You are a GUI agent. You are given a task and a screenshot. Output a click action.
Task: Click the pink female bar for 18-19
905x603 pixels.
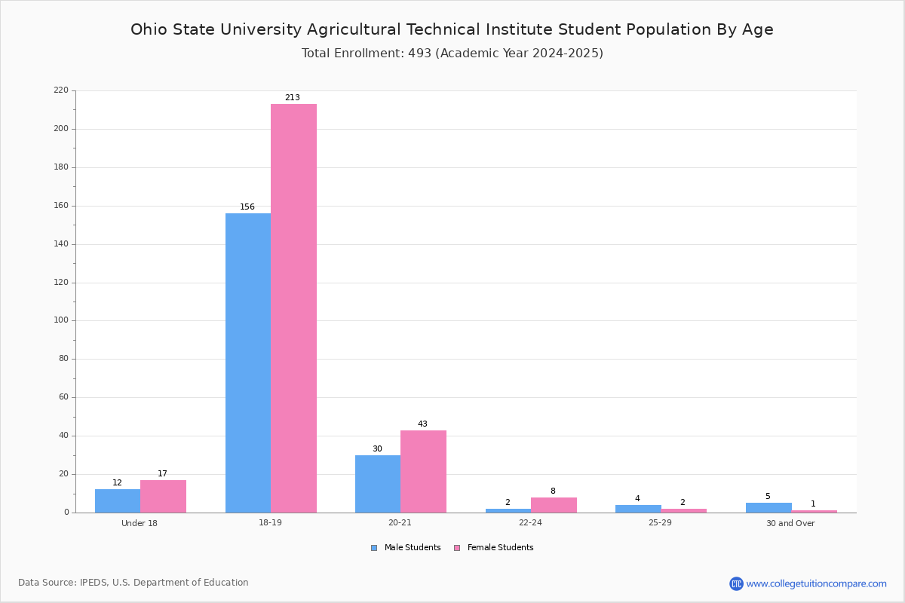pos(293,308)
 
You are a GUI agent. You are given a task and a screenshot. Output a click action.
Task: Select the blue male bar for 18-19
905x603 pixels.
pos(248,363)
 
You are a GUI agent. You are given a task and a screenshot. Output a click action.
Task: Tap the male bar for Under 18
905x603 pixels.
pos(118,500)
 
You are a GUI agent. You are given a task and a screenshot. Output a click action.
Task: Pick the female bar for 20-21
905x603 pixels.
pos(423,471)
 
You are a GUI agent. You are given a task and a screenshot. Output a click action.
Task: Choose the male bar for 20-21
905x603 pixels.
pos(378,484)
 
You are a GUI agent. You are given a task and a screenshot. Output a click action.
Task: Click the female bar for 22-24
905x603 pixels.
pos(554,505)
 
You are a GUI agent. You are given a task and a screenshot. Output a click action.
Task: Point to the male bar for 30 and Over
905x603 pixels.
pos(768,508)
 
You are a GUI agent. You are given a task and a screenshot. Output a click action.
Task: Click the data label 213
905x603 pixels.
pos(293,97)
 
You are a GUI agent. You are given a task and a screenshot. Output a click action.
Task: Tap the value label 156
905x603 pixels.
pos(247,207)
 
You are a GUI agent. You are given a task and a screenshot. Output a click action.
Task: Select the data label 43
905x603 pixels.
pos(422,424)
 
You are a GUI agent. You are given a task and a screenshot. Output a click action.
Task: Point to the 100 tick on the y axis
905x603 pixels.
pos(61,320)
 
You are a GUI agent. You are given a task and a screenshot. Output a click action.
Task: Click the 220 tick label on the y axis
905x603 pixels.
pos(61,90)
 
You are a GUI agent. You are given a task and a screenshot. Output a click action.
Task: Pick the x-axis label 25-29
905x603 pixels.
pos(660,522)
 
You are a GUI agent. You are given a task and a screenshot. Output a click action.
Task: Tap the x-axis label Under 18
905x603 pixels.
pos(140,523)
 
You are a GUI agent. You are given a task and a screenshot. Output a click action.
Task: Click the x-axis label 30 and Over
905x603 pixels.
pos(790,523)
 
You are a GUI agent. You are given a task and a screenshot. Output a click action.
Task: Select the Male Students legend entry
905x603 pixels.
pos(406,548)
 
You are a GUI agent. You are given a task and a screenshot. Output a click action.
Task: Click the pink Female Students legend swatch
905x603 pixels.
pos(457,548)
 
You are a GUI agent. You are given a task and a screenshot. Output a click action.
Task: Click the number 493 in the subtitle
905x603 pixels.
pos(420,53)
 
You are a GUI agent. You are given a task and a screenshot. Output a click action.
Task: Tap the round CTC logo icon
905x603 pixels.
pos(736,583)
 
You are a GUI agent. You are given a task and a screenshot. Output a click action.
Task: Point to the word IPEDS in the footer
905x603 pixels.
pos(94,583)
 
